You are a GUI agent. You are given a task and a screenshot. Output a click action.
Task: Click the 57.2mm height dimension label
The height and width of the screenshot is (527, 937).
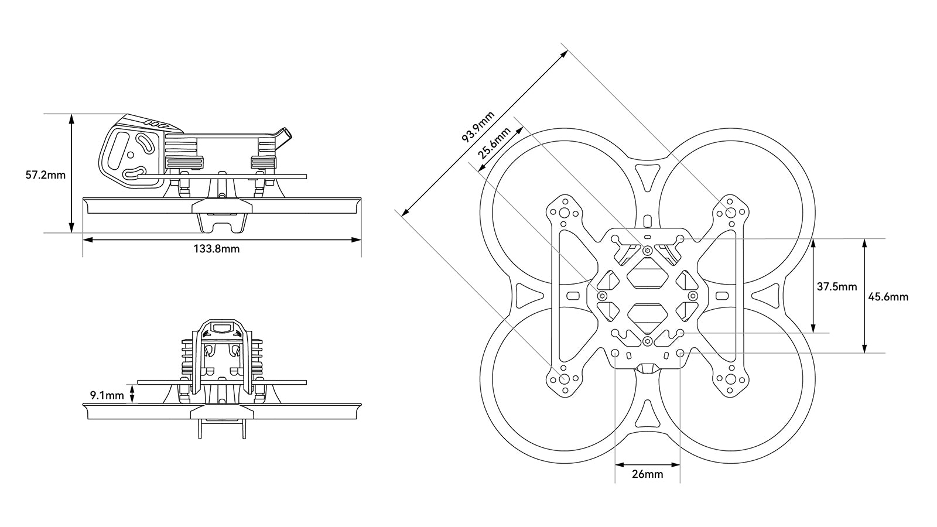coord(46,174)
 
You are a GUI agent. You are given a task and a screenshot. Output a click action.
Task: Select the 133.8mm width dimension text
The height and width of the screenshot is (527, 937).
coord(217,249)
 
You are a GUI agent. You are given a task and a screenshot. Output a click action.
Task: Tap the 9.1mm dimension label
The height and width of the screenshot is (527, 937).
coord(107,395)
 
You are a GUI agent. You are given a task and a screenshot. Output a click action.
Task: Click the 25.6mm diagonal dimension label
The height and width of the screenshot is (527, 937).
coord(493,143)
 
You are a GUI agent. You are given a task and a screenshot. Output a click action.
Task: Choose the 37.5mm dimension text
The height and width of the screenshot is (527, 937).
coord(837,287)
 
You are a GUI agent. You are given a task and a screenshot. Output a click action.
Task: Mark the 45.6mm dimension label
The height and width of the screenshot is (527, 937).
coord(888,297)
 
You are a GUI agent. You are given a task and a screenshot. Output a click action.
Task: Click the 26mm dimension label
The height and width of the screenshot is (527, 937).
coord(648,474)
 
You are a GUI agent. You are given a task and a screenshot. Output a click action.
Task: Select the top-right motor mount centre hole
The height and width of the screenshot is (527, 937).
coord(730,212)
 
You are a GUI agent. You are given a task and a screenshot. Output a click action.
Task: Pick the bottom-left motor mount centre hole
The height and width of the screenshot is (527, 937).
coord(564,378)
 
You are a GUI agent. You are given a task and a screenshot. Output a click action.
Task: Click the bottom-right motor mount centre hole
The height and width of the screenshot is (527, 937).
coord(730,378)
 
